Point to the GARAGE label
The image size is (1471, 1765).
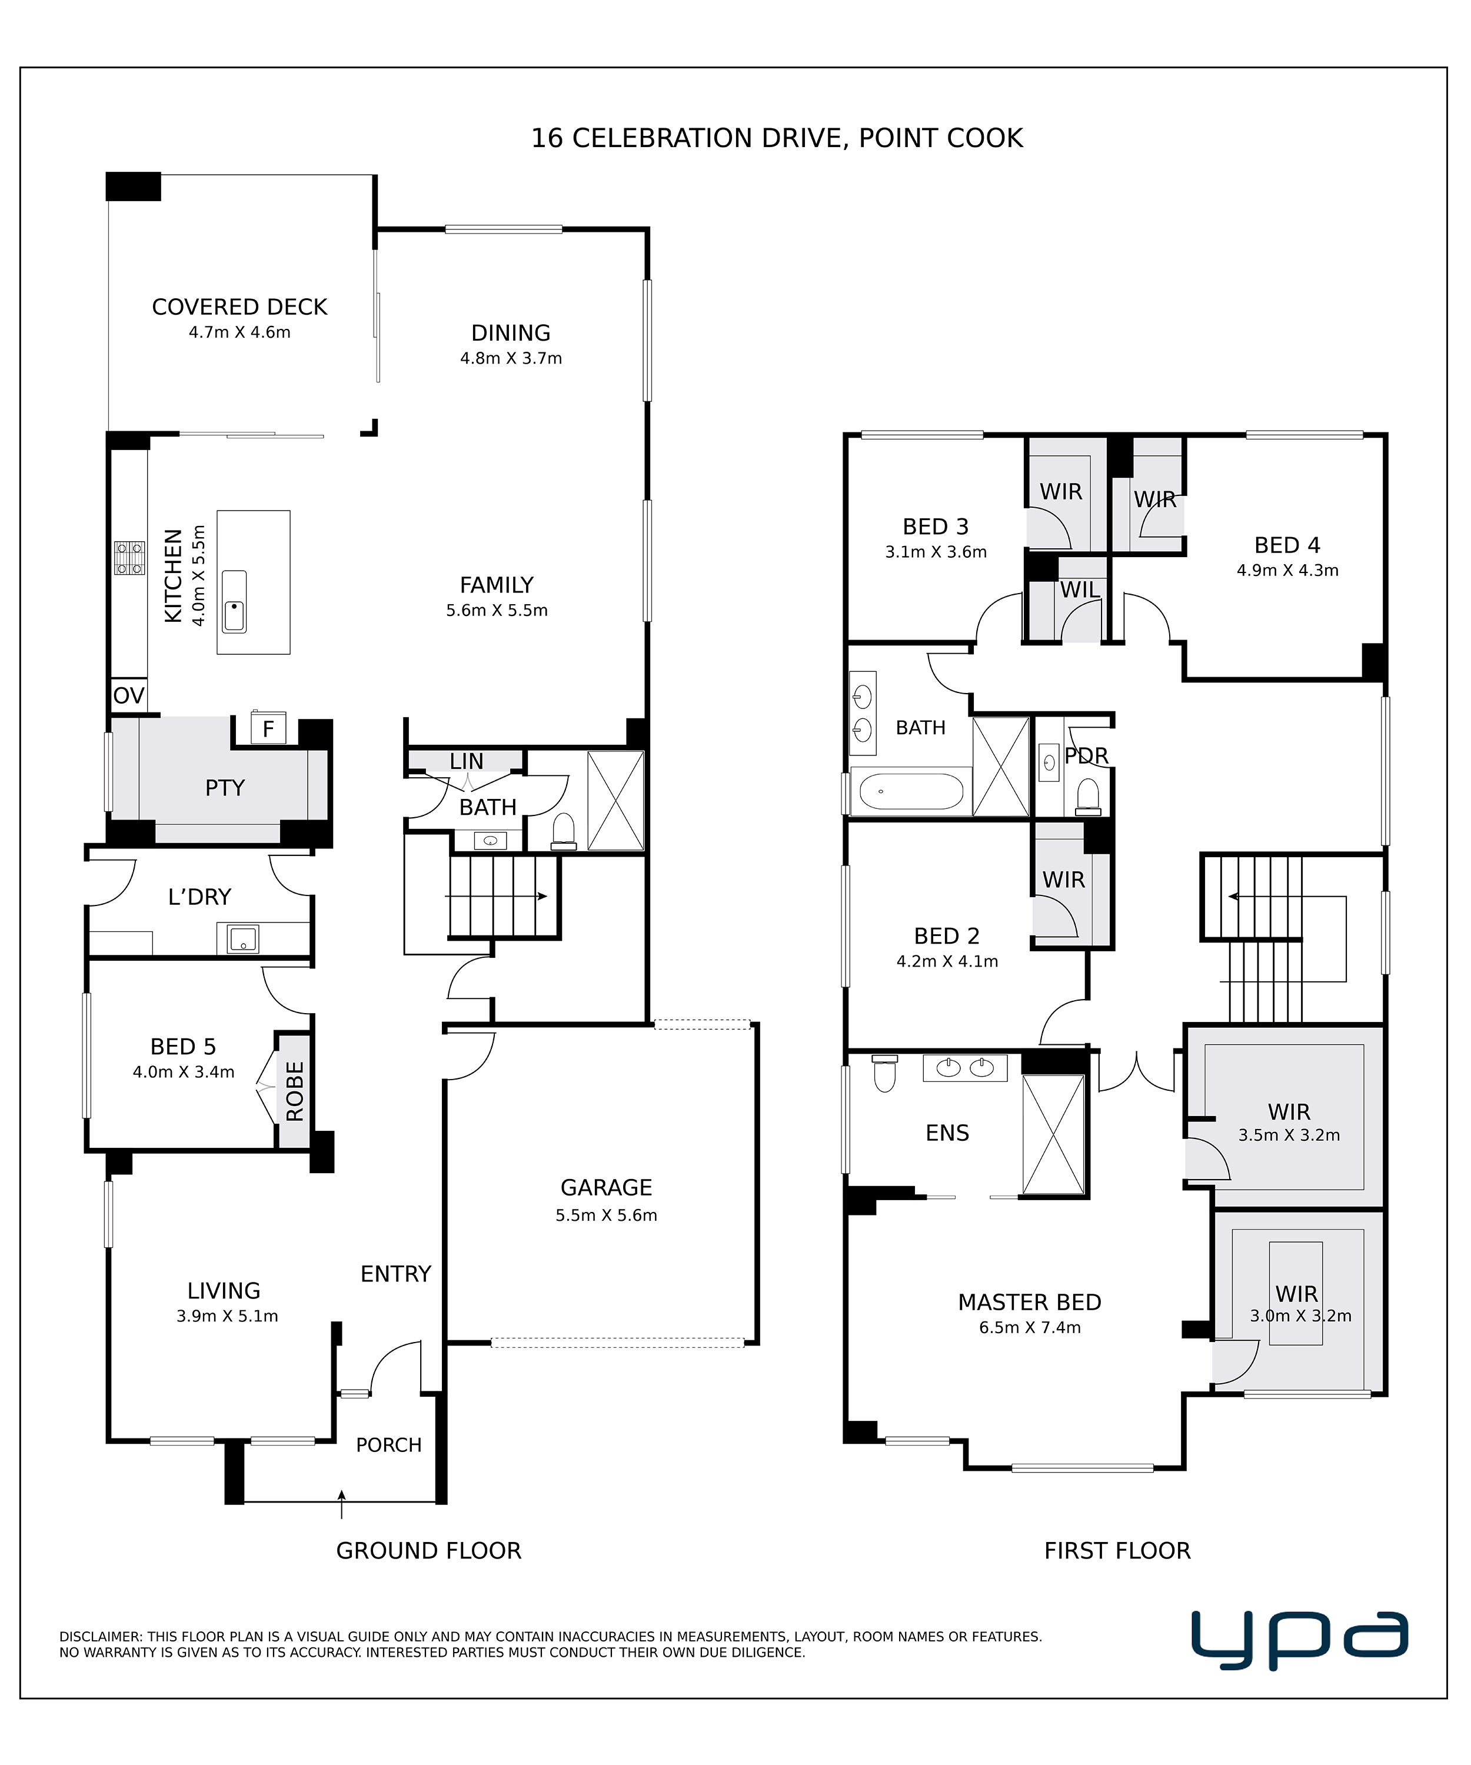(606, 1188)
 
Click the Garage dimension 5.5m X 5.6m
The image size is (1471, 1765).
(606, 1215)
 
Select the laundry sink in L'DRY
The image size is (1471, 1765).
(244, 939)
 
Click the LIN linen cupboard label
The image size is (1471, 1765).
(467, 761)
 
